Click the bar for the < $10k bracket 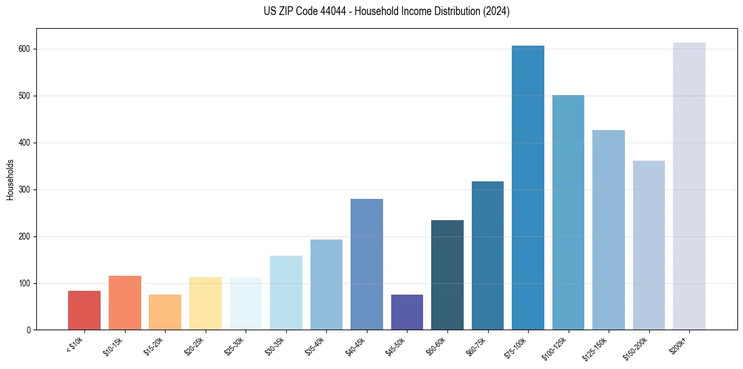(84, 310)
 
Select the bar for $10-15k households (124, 303)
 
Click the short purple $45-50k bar (407, 312)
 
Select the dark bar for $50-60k (447, 275)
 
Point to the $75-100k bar (528, 188)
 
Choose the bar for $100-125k (568, 213)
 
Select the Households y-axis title (10, 179)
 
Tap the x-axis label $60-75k (480, 346)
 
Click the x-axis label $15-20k (157, 346)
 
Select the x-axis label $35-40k (319, 346)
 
